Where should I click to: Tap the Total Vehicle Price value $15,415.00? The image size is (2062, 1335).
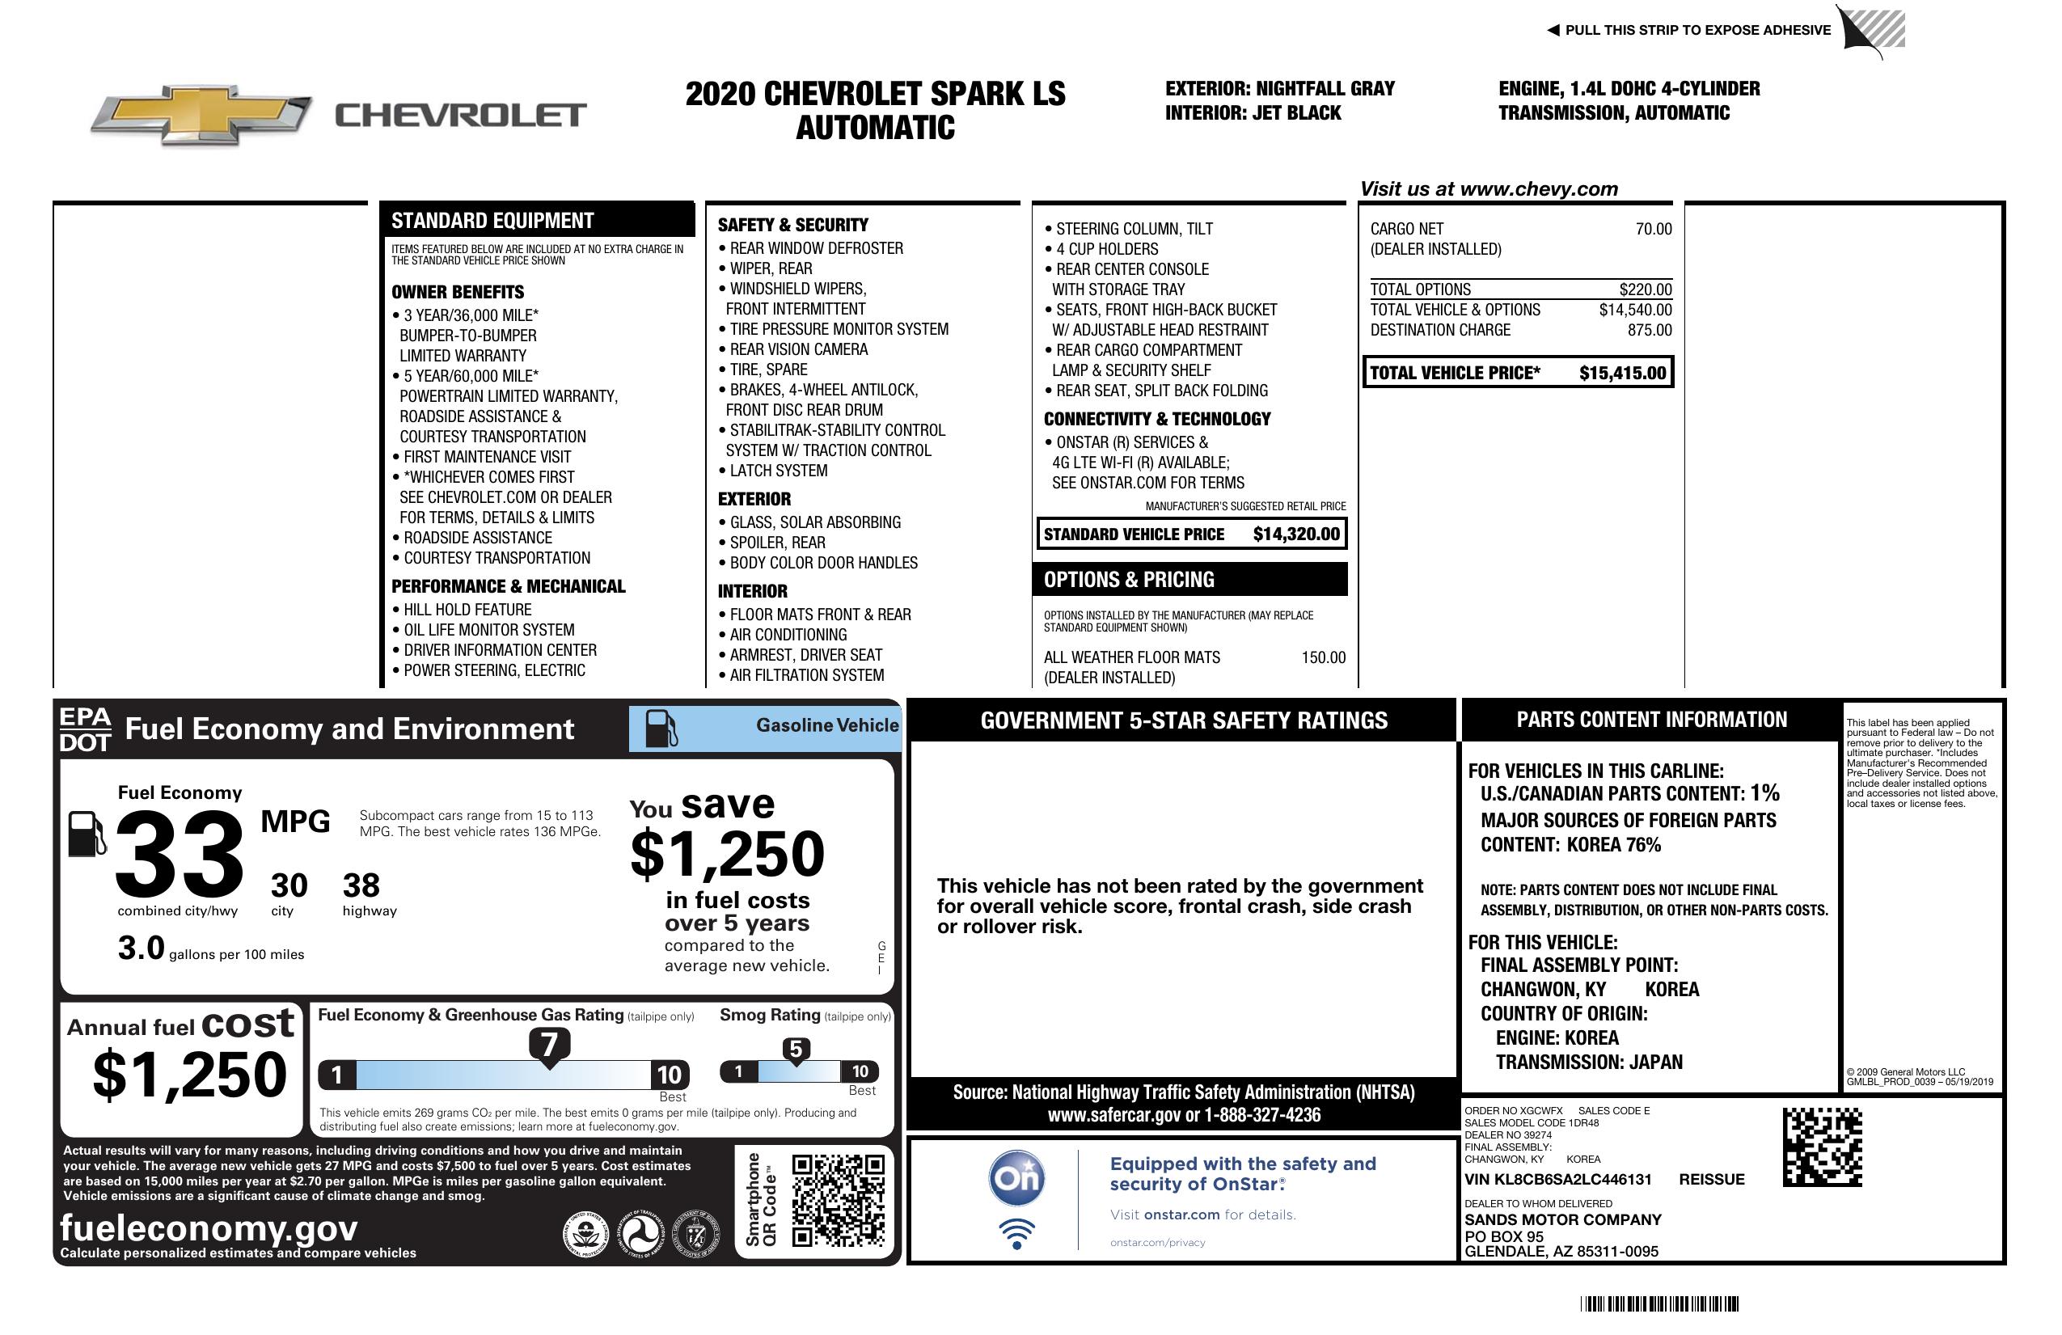1622,374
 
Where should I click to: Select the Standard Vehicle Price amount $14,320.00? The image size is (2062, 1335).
1296,534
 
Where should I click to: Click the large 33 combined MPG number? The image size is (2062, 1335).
180,854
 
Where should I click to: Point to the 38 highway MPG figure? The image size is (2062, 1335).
361,885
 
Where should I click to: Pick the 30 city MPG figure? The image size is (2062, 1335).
289,885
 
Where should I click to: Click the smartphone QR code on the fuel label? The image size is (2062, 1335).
838,1200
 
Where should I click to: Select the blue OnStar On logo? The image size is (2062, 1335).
1016,1178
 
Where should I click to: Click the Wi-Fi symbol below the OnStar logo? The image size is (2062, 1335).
1016,1233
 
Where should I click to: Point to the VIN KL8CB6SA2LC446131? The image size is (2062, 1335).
1557,1179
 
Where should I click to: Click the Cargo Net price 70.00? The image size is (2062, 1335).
1653,229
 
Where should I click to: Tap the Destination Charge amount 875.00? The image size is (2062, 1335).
1650,330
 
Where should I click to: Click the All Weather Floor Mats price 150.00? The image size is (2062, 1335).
1323,657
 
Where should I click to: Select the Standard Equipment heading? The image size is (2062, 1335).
492,221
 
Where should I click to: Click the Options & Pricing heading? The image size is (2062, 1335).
1128,580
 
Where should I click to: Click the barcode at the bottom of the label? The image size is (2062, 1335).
1659,1303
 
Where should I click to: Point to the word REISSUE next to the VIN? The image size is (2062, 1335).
1711,1179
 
